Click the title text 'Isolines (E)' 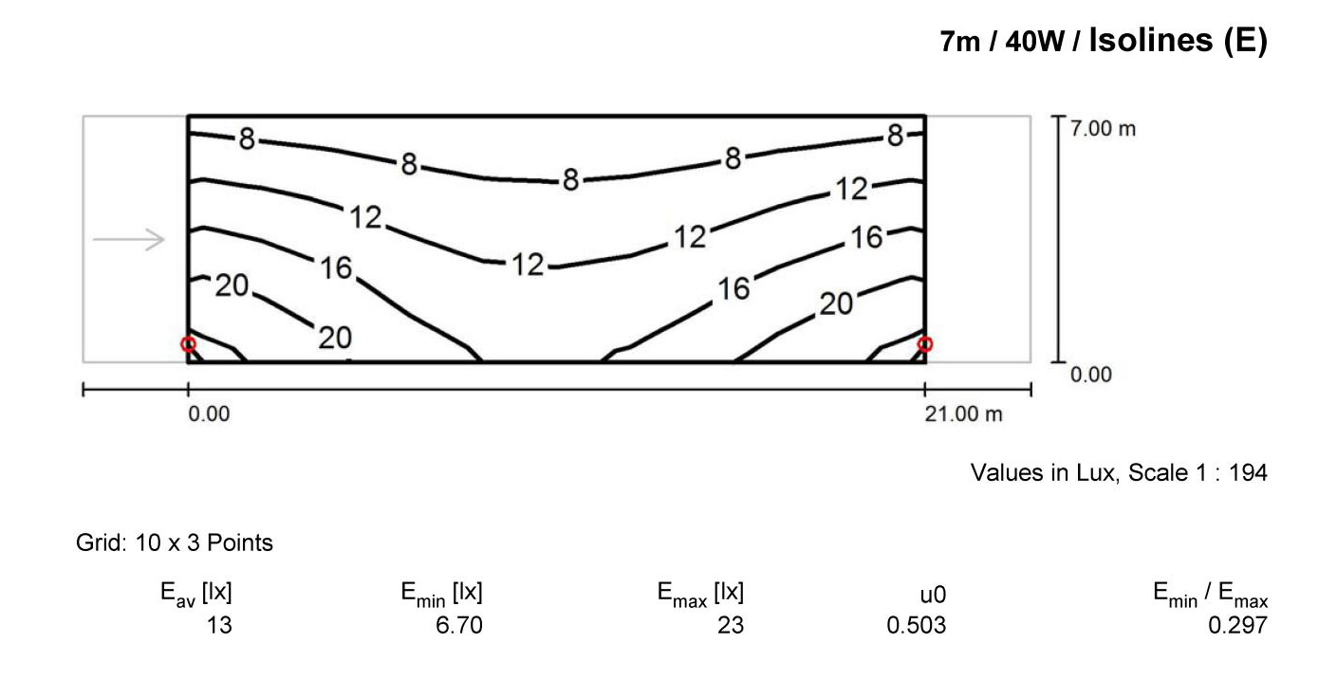click(x=1178, y=41)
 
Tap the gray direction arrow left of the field click(x=128, y=239)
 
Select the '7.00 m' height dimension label click(x=1103, y=129)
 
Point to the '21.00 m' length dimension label click(x=963, y=414)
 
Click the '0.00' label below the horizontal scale click(x=209, y=414)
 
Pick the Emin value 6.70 click(x=459, y=625)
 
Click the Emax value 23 click(x=731, y=625)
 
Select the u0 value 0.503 click(x=917, y=625)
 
